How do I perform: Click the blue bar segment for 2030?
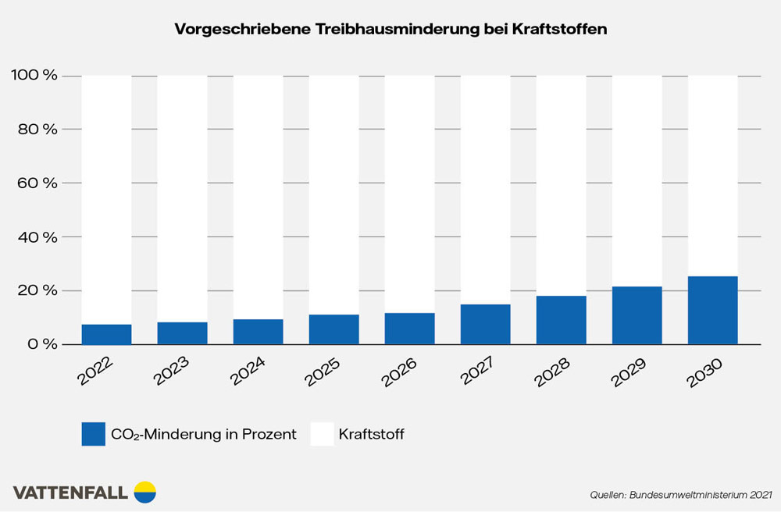point(712,311)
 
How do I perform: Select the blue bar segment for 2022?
point(106,334)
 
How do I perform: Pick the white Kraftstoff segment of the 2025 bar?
point(333,195)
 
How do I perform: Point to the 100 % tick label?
point(34,76)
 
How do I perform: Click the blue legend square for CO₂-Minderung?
point(93,434)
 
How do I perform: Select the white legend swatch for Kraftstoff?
point(322,434)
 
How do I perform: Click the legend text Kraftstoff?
point(371,435)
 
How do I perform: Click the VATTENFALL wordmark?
point(71,492)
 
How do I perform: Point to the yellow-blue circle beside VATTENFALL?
point(145,492)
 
